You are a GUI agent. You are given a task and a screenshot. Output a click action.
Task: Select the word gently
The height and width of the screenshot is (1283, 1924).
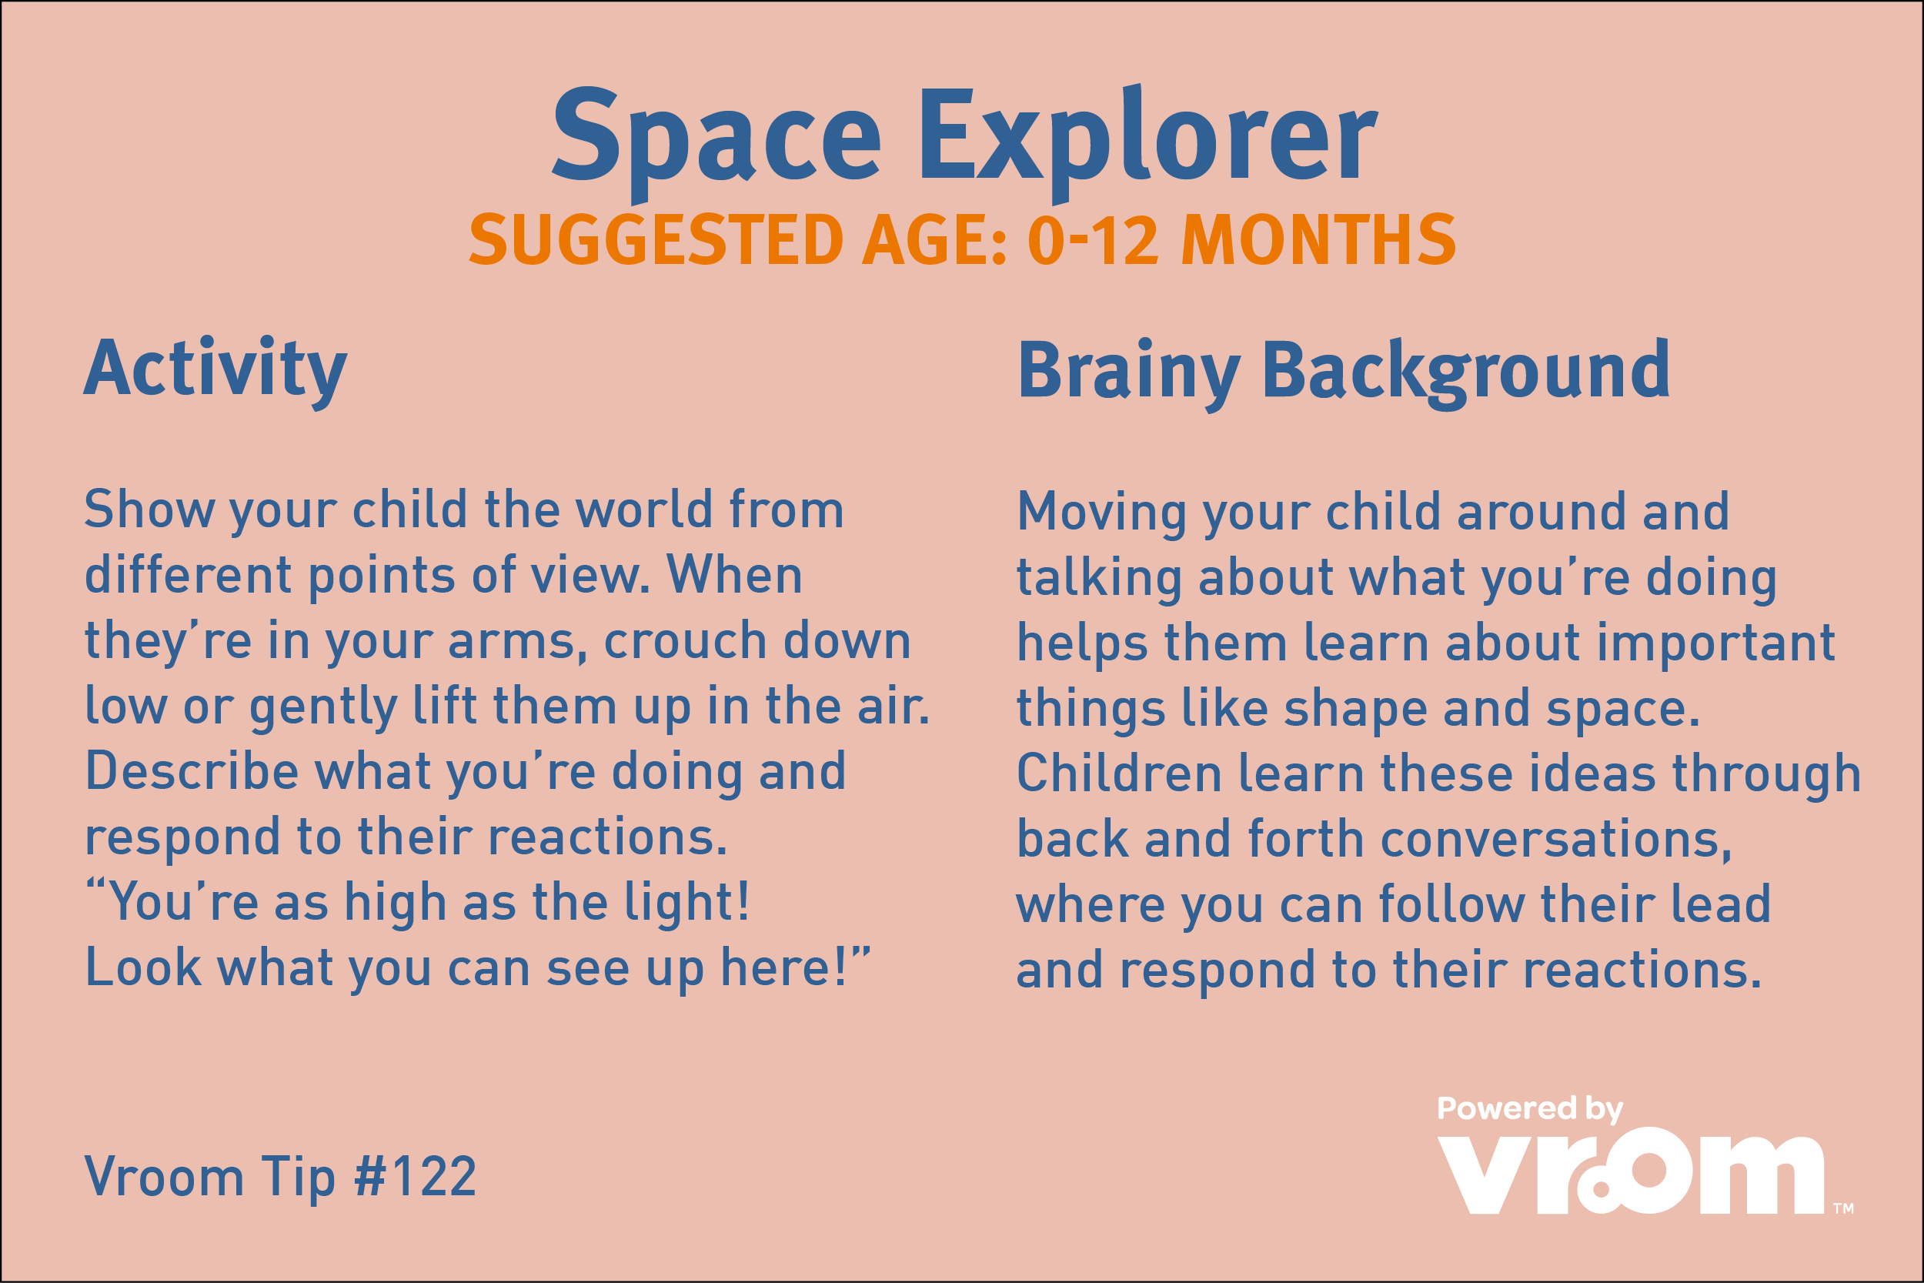323,707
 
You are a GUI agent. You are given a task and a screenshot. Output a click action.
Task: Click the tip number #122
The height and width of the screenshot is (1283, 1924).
415,1177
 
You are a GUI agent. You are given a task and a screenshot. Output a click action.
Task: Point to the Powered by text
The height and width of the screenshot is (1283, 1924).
1530,1109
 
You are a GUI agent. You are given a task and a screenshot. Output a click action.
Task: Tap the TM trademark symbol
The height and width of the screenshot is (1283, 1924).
1843,1208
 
